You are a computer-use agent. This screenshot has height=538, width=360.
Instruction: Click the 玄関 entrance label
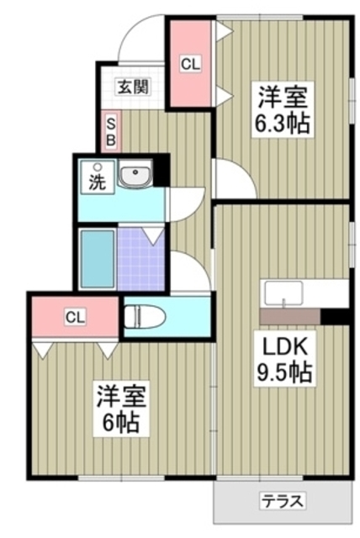tap(133, 87)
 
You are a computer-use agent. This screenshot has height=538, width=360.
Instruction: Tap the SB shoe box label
tap(110, 132)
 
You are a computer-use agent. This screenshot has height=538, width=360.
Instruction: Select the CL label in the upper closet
tap(190, 64)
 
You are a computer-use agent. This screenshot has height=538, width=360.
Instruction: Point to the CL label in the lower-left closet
tap(75, 317)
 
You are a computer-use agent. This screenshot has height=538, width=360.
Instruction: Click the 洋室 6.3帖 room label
tap(283, 109)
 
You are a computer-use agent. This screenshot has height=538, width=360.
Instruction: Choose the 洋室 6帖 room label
tap(121, 409)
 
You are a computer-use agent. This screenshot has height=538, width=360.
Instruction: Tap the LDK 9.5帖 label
tap(284, 359)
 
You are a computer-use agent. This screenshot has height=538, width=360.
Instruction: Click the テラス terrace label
tap(283, 502)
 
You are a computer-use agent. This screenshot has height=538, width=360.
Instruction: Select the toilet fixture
tap(145, 316)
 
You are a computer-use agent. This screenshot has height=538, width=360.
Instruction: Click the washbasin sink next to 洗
tap(135, 173)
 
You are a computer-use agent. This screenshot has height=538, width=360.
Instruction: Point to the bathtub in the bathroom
tap(98, 259)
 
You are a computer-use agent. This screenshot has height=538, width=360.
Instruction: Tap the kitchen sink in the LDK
tap(283, 293)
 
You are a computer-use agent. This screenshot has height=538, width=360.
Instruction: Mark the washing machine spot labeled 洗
tap(97, 177)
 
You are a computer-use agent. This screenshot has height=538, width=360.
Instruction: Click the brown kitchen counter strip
tap(290, 316)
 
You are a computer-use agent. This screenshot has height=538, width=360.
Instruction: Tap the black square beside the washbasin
tap(161, 170)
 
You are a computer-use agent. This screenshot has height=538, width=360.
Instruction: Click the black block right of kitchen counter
tap(335, 316)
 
